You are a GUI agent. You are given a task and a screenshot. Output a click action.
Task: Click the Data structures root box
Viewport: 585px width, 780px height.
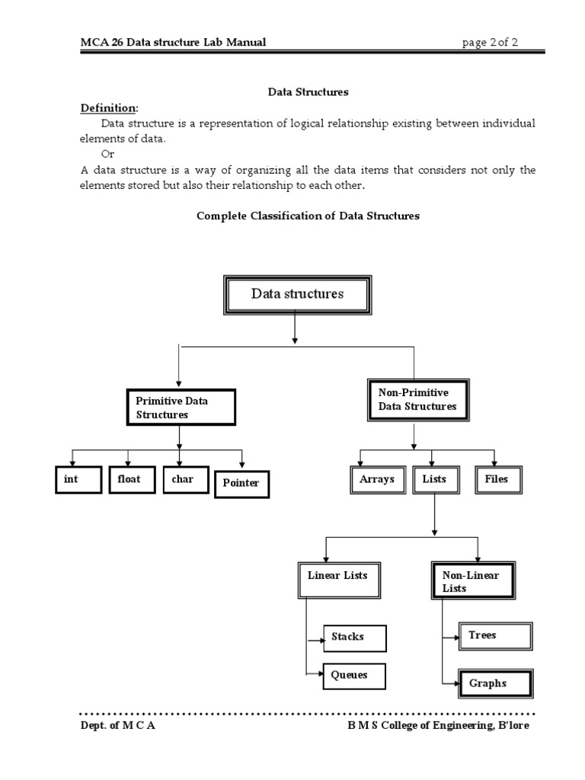click(x=297, y=295)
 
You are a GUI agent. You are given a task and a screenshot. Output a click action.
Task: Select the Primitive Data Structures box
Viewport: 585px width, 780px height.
click(x=181, y=408)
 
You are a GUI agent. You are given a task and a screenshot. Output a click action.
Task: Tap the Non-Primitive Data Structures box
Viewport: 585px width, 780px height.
click(x=417, y=399)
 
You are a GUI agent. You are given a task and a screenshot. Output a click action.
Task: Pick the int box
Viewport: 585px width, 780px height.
click(x=77, y=480)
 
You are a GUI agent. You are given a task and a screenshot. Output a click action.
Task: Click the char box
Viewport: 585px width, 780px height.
click(x=184, y=480)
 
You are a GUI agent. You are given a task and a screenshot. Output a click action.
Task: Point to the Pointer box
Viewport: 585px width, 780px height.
click(x=241, y=483)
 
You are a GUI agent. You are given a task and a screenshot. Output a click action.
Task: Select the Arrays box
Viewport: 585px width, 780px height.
click(x=377, y=480)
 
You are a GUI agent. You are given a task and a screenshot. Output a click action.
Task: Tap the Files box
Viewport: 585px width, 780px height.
click(x=497, y=480)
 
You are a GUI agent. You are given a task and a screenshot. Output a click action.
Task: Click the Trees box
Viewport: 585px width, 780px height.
click(x=494, y=635)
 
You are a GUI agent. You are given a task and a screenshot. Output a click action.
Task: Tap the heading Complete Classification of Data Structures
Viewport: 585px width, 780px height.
click(x=308, y=216)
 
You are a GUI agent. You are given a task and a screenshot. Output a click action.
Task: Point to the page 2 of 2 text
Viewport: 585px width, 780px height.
click(x=490, y=43)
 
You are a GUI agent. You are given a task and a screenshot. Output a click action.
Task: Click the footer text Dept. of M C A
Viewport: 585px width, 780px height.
click(x=118, y=725)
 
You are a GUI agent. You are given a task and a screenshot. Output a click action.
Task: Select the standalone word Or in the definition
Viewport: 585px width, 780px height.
click(x=107, y=154)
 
